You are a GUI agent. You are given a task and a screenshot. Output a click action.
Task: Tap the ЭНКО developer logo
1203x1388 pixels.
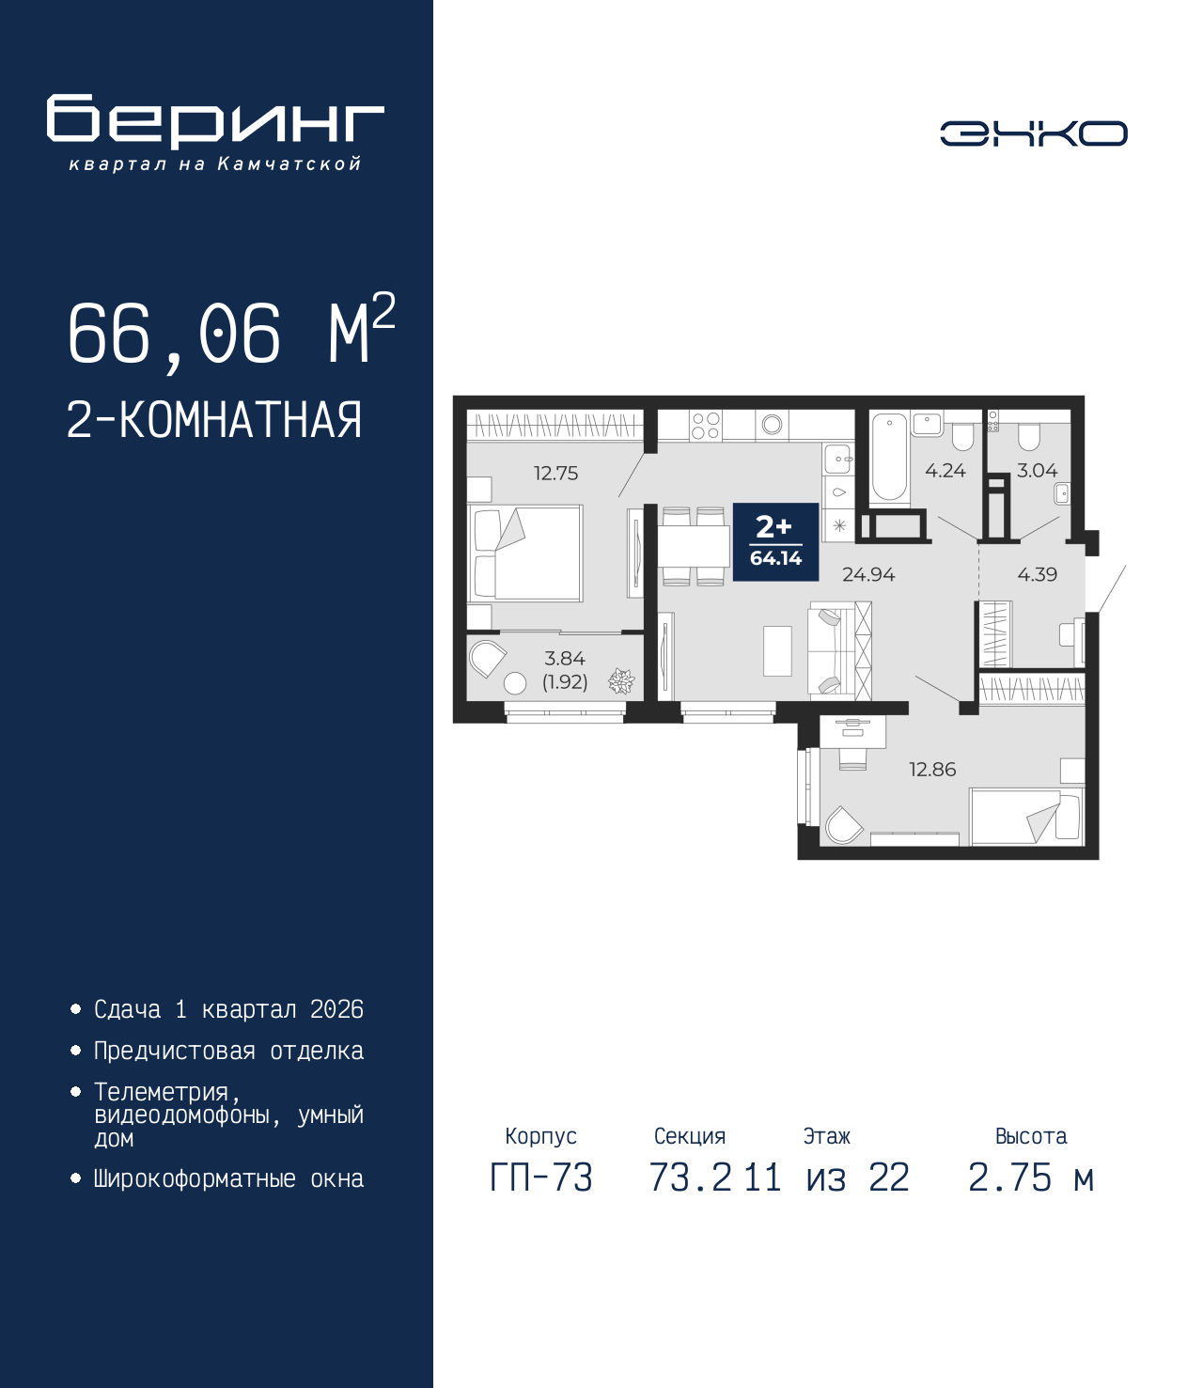pos(1033,133)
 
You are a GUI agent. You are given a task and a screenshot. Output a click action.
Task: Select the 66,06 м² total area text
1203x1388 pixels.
pos(230,333)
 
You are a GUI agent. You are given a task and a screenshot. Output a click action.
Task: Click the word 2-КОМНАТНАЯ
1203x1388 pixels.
pos(214,420)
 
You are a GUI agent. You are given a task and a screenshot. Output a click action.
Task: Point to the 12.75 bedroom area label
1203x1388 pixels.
pos(555,474)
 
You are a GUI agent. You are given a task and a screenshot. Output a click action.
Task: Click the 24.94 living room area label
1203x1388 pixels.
pos(867,574)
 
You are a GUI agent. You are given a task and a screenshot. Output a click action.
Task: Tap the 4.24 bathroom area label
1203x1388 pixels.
pos(945,471)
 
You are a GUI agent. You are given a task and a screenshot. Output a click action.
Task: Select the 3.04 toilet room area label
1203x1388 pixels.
pos(1037,471)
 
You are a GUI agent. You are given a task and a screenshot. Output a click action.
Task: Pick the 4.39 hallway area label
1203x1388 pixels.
pos(1037,574)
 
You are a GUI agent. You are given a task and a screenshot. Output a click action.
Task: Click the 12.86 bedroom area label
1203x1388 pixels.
pos(931,770)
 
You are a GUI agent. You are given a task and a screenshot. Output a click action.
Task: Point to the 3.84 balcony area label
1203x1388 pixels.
pos(565,659)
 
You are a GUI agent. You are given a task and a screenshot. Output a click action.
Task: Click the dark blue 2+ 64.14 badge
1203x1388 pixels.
pos(775,541)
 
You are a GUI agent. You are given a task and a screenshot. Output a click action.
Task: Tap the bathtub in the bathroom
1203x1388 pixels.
pos(889,458)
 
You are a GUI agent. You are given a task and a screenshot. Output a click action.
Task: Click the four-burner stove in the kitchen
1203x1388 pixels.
pos(706,426)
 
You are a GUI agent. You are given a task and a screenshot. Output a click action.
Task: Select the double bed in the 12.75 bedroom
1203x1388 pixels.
pos(526,554)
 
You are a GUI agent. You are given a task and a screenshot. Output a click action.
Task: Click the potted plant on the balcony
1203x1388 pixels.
pos(621,681)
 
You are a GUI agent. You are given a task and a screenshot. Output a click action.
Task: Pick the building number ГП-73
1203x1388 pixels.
pos(541,1177)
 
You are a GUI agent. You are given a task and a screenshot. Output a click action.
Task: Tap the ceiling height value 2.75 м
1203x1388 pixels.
pos(1030,1177)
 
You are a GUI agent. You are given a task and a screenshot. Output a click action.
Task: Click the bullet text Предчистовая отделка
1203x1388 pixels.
pos(228,1051)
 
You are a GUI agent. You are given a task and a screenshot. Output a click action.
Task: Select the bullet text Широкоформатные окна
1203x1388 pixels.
pos(228,1178)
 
